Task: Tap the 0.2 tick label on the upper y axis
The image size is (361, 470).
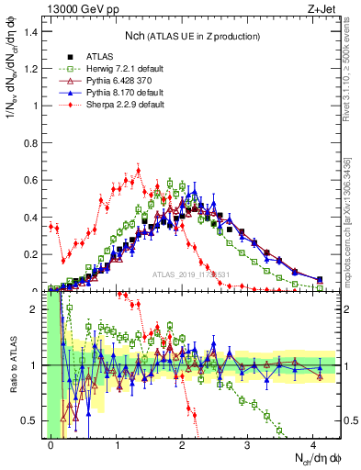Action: click(32, 254)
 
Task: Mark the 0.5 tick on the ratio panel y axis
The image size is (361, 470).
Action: click(32, 420)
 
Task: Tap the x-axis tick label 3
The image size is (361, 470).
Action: click(248, 444)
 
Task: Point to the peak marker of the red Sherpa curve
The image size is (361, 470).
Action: click(139, 169)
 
